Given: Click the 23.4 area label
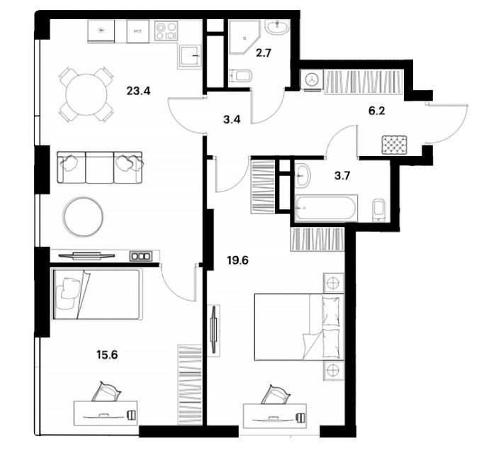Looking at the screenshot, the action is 138,91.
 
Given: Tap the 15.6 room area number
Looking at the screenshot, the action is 107,355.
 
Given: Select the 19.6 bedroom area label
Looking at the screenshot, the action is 237,260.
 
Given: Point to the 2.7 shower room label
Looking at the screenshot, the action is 264,53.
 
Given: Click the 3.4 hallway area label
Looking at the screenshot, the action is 232,119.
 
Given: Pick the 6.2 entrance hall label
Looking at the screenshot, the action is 377,111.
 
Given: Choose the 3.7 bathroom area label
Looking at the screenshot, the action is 342,176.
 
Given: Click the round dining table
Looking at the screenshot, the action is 86,94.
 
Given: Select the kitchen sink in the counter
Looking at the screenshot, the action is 190,56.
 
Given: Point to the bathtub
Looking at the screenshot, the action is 326,208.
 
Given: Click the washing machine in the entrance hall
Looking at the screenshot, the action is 313,80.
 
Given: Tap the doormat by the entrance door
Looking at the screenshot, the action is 394,145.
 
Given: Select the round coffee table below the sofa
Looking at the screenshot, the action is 83,218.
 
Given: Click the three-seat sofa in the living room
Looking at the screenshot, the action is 100,167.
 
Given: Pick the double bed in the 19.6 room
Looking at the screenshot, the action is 299,327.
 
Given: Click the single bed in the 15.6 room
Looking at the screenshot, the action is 96,294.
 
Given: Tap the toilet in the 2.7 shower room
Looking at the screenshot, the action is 241,75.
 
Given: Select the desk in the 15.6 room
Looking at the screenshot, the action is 106,413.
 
